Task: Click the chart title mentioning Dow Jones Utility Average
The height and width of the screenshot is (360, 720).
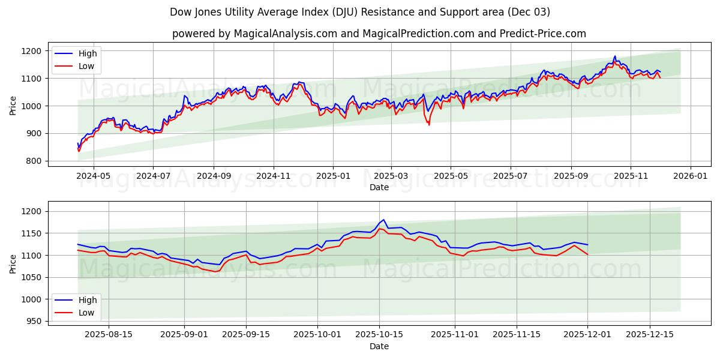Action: click(x=360, y=12)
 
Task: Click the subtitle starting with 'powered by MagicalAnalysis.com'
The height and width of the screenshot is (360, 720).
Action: click(x=379, y=34)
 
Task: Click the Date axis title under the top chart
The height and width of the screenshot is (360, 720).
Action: click(x=379, y=187)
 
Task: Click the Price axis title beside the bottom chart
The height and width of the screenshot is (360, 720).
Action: click(x=13, y=263)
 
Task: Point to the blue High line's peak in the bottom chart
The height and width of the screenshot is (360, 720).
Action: click(x=383, y=220)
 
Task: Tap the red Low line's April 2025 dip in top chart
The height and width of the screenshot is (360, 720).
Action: click(x=428, y=124)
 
